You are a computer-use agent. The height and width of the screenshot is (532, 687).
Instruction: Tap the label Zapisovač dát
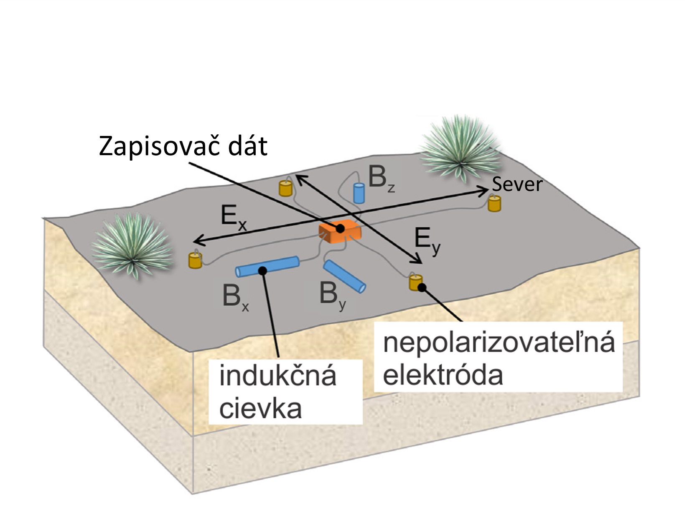pos(183,146)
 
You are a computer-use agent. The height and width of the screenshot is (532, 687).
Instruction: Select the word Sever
pos(517,184)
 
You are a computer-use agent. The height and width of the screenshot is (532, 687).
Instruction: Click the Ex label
pos(233,218)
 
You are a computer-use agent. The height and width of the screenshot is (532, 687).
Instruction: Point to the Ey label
pos(427,240)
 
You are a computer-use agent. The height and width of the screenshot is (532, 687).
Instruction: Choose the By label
pos(332,294)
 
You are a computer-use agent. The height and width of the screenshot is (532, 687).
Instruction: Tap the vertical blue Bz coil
pos(359,193)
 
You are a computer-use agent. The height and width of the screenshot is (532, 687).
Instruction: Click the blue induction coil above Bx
pos(267,266)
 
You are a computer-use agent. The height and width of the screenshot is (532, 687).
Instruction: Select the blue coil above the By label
pos(345,276)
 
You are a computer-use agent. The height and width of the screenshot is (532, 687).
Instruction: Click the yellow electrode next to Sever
pos(494,204)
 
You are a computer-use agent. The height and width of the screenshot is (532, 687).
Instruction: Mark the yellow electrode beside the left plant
pos(195,260)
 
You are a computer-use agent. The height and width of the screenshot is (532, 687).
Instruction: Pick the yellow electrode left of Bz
pos(285,188)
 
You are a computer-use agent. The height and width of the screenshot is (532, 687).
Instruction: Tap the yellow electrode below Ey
pos(415,283)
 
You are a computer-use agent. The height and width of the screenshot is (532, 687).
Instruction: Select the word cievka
pos(260,408)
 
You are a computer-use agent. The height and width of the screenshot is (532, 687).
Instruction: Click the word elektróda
pos(443,375)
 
